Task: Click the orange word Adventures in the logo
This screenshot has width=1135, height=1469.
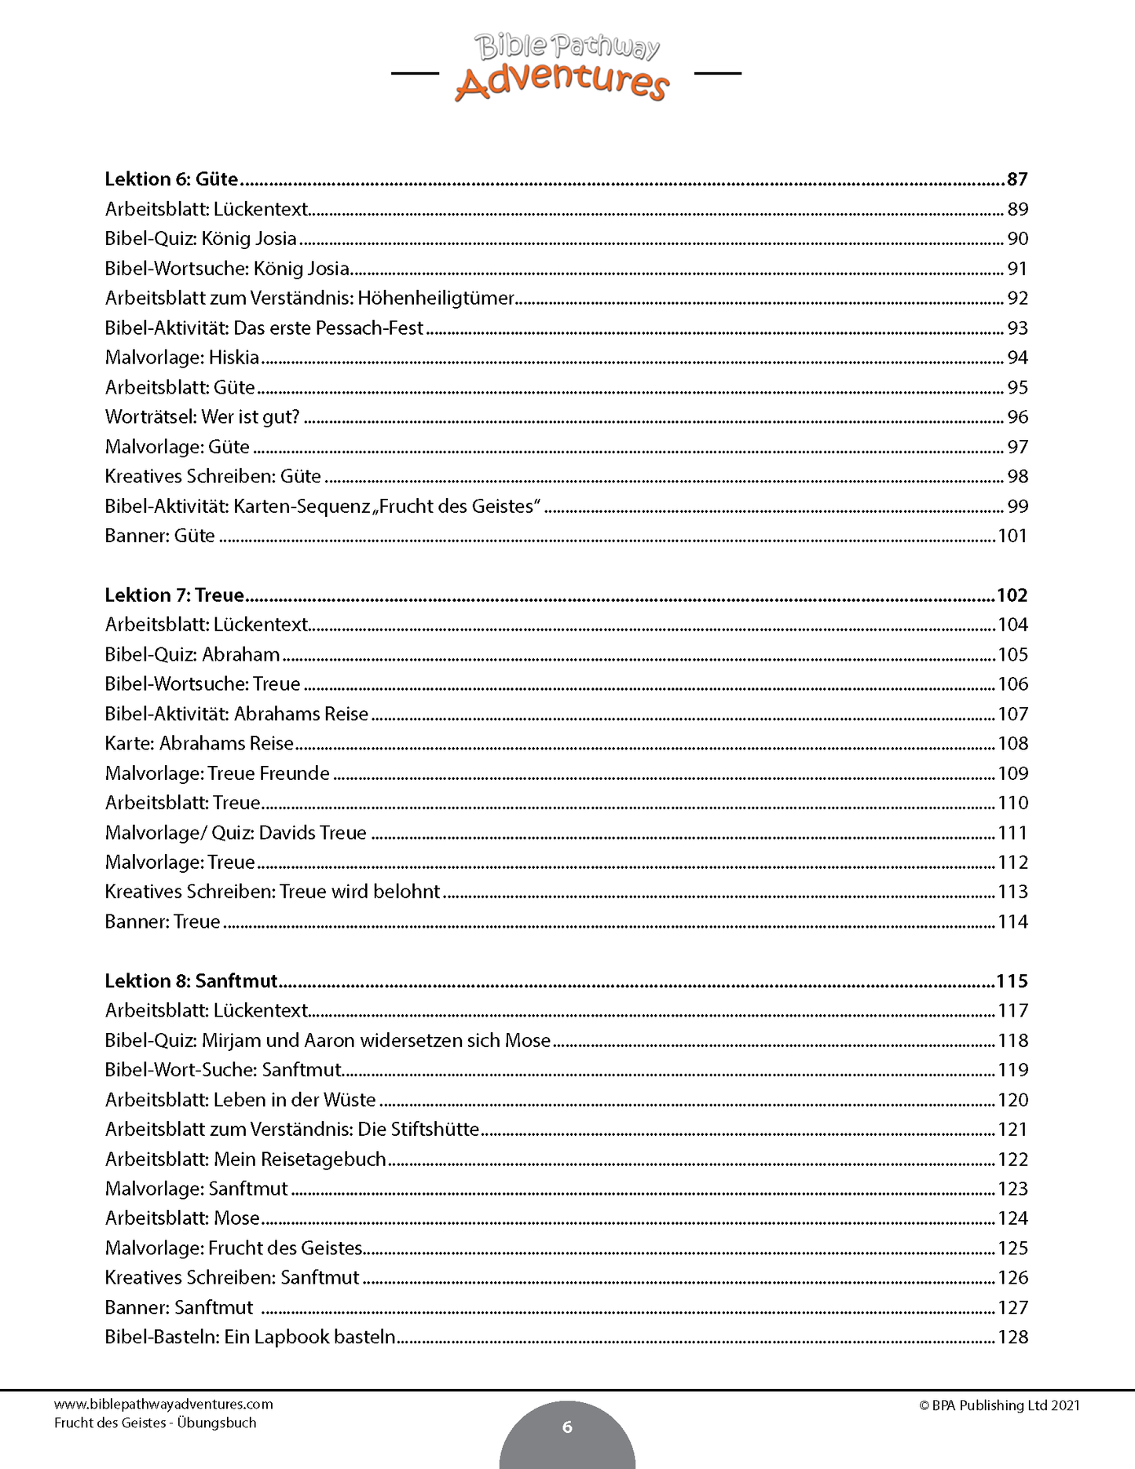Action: click(x=562, y=83)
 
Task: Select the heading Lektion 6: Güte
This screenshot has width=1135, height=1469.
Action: click(x=171, y=179)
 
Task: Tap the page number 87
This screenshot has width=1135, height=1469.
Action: click(x=1017, y=179)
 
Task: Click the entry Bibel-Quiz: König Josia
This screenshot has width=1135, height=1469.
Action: click(x=201, y=239)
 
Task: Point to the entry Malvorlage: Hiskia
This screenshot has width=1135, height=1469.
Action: click(x=182, y=357)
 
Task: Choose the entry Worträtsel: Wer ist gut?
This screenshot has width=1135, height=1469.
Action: click(x=203, y=417)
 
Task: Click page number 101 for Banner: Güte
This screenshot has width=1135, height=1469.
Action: click(x=1012, y=536)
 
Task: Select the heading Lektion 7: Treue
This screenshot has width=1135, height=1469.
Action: click(x=174, y=595)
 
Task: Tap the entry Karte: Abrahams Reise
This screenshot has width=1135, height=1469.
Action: click(x=200, y=743)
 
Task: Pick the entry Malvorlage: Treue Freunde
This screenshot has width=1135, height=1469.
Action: click(x=218, y=773)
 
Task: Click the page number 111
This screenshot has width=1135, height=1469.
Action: click(x=1012, y=833)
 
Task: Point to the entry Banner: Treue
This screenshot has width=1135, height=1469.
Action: click(x=163, y=921)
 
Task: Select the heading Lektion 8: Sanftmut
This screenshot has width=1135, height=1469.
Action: click(x=191, y=981)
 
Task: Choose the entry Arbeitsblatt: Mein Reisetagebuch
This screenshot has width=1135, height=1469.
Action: click(x=246, y=1159)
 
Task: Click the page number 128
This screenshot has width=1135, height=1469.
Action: click(x=1012, y=1337)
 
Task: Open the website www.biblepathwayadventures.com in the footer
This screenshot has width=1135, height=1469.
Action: click(x=163, y=1404)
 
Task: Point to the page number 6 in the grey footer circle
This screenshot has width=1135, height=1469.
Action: click(x=567, y=1427)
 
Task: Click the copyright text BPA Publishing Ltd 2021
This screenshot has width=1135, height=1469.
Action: click(x=1005, y=1405)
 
